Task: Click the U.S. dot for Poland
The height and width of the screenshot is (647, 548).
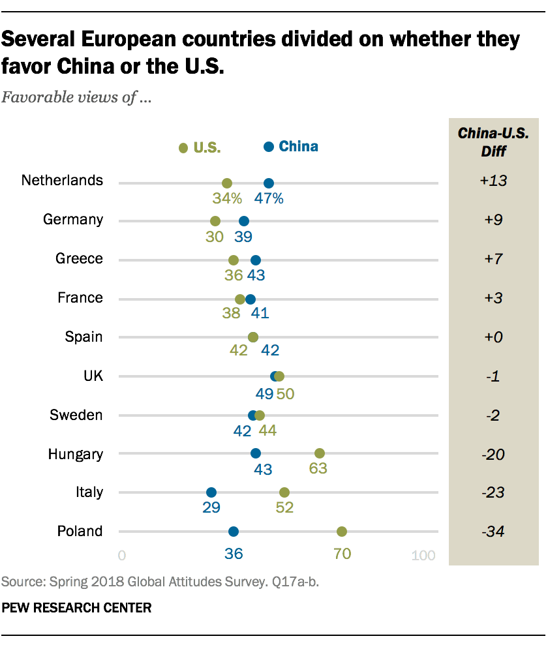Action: pos(341,532)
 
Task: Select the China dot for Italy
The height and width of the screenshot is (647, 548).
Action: pos(211,492)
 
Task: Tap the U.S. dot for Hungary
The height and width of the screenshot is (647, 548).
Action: pos(320,453)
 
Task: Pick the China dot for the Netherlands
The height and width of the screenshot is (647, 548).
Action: pos(268,183)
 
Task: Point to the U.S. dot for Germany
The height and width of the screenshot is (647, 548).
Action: pos(215,221)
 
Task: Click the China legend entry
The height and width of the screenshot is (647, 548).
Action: pos(292,147)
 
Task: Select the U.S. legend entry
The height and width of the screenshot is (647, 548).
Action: pos(201,148)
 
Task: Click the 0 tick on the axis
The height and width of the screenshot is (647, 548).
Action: pos(122,556)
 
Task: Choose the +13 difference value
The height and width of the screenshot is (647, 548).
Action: pos(493,181)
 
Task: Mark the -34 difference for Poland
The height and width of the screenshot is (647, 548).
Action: pos(493,532)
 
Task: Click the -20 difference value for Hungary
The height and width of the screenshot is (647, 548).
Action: pos(493,453)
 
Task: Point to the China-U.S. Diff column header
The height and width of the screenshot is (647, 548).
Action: pos(493,142)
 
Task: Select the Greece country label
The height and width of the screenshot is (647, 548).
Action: pos(80,259)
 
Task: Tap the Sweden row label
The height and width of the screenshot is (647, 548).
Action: pos(76,415)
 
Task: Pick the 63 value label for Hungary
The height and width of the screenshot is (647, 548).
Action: pos(319,469)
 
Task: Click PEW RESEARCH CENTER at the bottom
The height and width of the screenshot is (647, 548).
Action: pos(77,608)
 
